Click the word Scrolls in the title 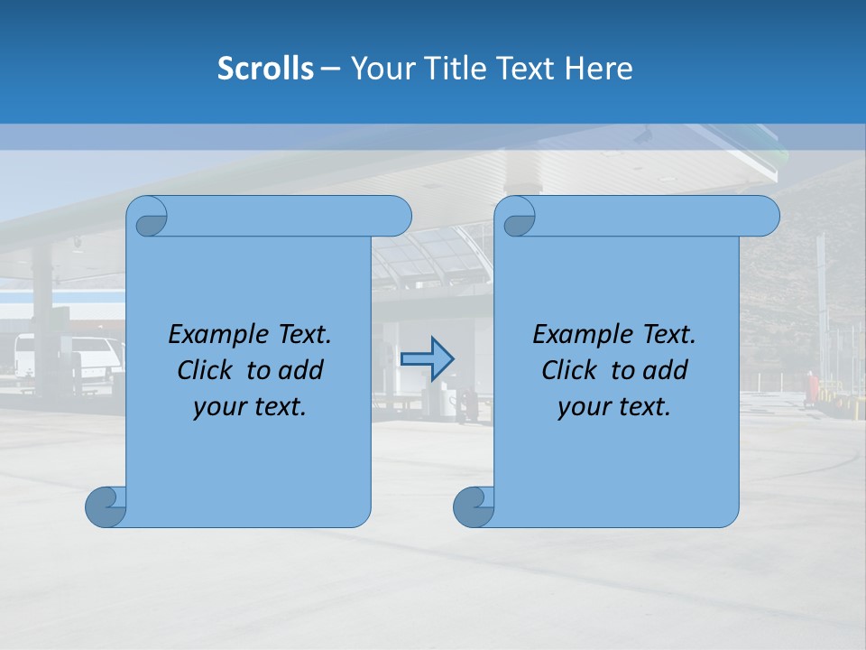265,69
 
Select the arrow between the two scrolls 427,358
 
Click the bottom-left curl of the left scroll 105,506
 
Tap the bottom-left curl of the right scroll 473,506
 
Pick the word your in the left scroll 217,407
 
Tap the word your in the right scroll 582,407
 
